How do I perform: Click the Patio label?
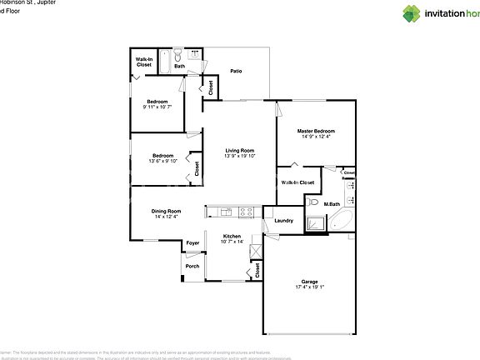[236, 71]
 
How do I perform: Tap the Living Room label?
[239, 150]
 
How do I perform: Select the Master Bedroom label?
[317, 131]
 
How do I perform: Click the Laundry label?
[282, 220]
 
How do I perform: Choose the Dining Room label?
[167, 211]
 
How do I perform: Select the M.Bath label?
[332, 204]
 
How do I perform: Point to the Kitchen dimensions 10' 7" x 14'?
[232, 242]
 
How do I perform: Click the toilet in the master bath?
[312, 201]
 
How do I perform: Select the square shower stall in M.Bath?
[316, 222]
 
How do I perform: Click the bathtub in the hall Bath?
[166, 61]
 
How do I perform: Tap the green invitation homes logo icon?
[412, 13]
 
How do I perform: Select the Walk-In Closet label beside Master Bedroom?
[297, 182]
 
